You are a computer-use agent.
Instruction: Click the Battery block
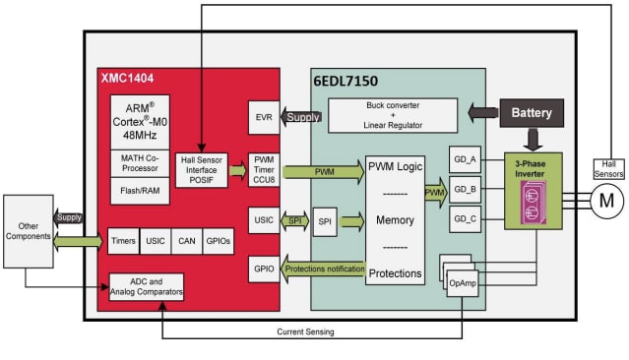click(533, 113)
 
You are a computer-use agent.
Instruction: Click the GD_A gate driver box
click(464, 159)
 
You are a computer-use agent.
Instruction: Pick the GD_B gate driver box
click(464, 188)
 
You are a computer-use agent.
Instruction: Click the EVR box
click(264, 117)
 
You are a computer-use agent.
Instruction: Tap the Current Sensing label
click(306, 332)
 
